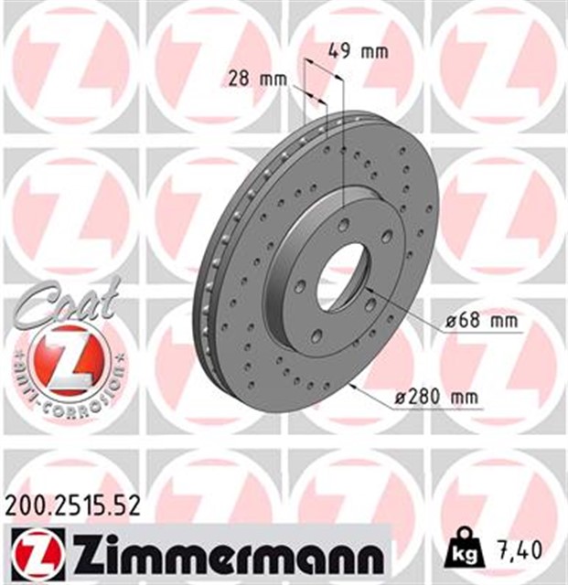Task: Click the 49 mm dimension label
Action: click(x=359, y=51)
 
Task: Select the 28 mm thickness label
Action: click(x=258, y=80)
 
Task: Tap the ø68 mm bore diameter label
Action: click(x=482, y=321)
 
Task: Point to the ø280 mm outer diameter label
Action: click(x=436, y=397)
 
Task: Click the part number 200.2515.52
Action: click(x=72, y=507)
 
